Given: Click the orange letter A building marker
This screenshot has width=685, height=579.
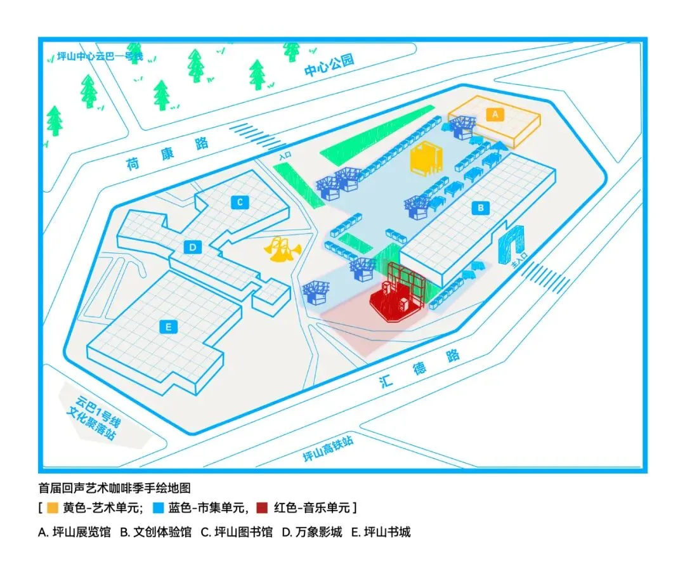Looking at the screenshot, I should coord(494,114).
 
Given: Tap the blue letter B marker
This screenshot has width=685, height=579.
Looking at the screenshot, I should coord(480,207).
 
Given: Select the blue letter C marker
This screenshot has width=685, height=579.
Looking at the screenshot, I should coord(240,202).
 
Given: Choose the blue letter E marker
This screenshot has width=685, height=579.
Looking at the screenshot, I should coord(168,327).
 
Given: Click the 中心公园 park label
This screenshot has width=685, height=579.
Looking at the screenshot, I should coord(329,65).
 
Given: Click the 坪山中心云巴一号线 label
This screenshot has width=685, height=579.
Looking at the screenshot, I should coord(100,56).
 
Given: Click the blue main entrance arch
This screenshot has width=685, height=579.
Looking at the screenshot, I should coord(514,244).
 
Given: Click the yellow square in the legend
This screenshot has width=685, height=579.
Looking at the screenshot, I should coord(52,508).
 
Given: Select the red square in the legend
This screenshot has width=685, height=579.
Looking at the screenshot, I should coord(262,508).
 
